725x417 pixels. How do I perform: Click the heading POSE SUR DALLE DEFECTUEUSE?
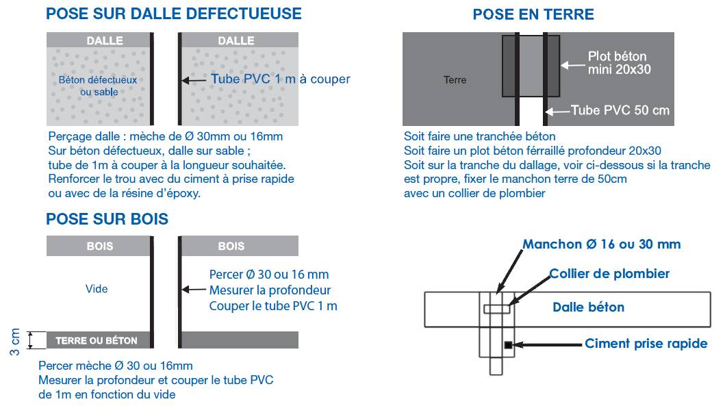[173, 13]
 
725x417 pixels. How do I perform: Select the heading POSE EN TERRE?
[533, 14]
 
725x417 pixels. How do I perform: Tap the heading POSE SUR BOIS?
[107, 219]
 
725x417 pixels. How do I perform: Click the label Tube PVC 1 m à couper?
[280, 79]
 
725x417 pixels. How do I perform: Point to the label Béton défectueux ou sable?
[98, 86]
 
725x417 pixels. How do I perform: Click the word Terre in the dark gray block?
[455, 80]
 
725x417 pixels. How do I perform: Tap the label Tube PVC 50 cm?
[620, 110]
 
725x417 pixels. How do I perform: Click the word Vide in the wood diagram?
[97, 289]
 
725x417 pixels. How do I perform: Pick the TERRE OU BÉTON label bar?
[97, 340]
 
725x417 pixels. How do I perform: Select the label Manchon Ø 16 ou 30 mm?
[602, 244]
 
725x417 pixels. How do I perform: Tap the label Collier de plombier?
[609, 274]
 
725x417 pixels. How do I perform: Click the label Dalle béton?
[589, 307]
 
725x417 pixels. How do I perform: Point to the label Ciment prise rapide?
[646, 344]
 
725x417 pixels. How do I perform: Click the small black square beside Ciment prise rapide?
[508, 345]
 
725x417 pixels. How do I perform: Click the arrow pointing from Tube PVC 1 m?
[194, 80]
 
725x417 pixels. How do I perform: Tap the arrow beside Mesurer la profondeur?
[194, 290]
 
